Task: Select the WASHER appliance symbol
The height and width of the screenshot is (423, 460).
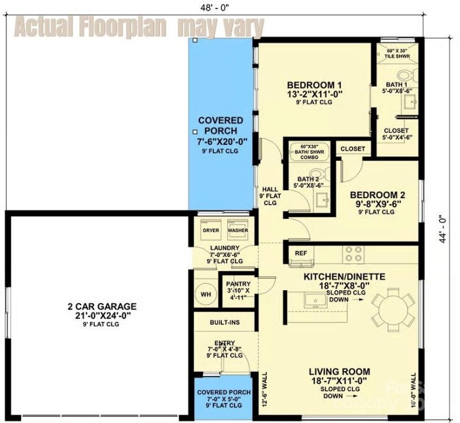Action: coord(237,230)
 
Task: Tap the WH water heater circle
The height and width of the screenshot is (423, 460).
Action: coord(205,294)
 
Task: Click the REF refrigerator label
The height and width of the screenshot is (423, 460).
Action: coord(301,253)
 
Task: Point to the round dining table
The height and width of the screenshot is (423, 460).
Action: coord(393,310)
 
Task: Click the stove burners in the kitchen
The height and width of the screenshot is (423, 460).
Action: coord(352,253)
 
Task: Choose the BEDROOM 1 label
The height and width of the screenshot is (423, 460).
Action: coord(312,83)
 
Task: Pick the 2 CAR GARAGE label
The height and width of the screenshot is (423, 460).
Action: coord(101,306)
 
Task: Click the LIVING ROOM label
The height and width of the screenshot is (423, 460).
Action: coord(339,371)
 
